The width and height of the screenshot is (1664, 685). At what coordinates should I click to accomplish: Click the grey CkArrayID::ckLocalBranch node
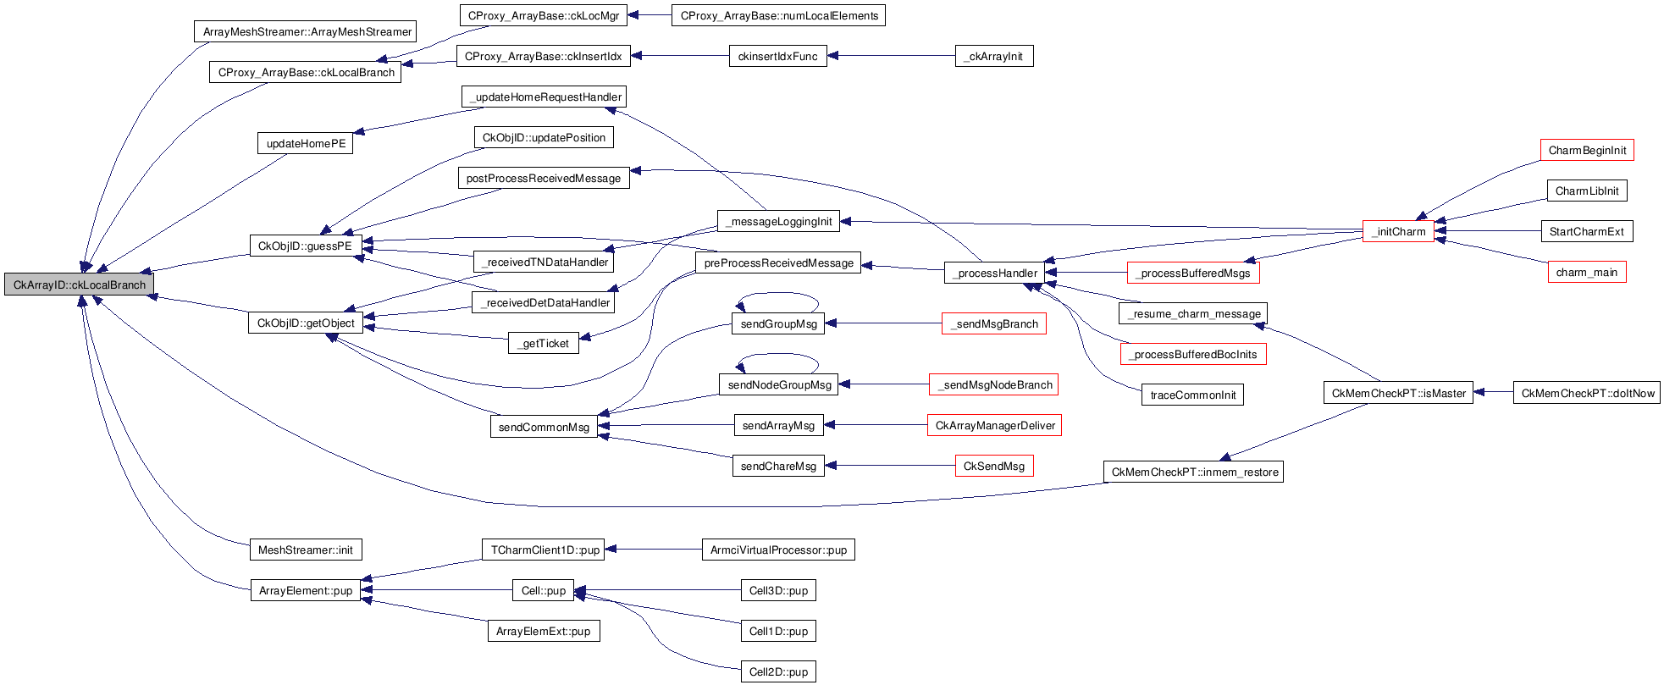79,285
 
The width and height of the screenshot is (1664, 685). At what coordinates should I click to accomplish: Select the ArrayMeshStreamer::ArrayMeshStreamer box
306,32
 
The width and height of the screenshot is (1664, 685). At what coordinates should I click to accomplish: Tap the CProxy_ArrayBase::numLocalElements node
778,16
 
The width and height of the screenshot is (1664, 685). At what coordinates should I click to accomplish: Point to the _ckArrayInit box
994,57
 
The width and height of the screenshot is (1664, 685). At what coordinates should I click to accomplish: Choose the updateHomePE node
305,144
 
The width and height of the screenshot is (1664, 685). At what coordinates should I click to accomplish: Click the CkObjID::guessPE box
305,246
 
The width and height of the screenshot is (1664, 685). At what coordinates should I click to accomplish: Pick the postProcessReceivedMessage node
543,179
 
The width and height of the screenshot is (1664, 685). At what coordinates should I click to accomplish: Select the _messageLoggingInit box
778,222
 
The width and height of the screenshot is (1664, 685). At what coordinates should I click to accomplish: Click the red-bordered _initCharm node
1399,232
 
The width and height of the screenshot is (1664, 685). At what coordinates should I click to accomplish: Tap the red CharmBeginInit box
1586,151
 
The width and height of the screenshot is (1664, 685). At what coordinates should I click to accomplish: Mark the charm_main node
1586,273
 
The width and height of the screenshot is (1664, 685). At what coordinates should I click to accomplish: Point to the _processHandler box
995,273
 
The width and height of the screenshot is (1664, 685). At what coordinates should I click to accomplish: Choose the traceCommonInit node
1192,395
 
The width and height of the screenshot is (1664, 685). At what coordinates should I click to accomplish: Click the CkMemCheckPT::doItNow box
1587,394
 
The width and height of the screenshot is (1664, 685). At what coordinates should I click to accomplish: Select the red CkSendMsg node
993,467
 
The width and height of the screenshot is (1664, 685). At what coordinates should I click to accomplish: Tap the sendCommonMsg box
544,428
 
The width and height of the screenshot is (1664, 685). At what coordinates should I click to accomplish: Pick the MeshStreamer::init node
305,550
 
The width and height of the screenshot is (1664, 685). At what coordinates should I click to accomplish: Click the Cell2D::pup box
778,672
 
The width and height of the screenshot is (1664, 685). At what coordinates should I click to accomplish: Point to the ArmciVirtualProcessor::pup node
778,550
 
